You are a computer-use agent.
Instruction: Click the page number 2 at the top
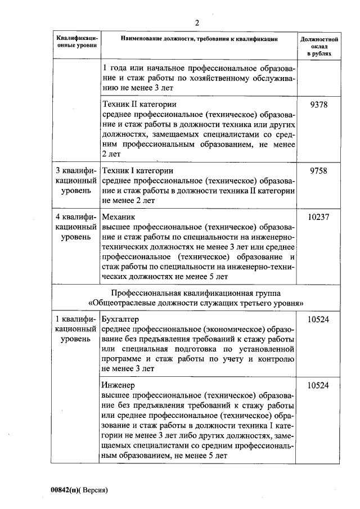pos(197,23)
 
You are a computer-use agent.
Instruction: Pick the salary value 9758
pos(319,170)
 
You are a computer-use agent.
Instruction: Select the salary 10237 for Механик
pos(319,217)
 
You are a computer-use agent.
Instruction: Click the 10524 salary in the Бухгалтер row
pos(319,319)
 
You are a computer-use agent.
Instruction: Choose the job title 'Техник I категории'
pos(137,170)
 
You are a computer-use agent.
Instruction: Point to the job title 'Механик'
pos(119,217)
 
